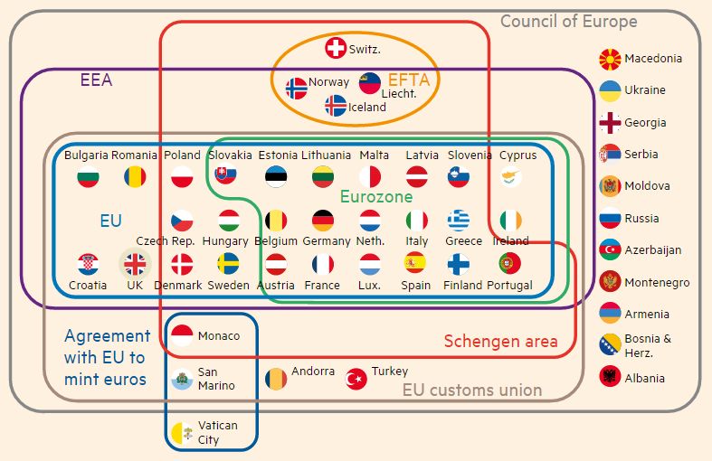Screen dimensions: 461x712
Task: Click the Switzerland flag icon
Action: point(336,49)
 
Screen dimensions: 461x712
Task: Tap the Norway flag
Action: point(297,88)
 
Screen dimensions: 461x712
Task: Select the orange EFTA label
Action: point(408,80)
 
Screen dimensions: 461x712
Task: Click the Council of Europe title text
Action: point(569,22)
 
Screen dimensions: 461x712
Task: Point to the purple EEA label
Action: point(96,80)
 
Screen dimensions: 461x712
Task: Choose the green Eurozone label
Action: point(376,196)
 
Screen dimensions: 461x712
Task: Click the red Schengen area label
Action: point(500,342)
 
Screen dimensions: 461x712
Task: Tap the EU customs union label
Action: point(472,390)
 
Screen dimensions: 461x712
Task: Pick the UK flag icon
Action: point(134,264)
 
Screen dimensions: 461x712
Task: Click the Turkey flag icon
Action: point(356,378)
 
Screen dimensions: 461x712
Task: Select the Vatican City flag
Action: point(182,432)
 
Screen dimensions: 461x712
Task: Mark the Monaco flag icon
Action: point(182,336)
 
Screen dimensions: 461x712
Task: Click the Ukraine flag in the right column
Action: point(610,90)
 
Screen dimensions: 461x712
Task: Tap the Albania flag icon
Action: point(610,378)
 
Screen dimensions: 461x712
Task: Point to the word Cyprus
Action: point(517,155)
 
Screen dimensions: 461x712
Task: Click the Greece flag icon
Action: point(459,220)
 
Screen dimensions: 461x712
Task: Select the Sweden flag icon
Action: point(229,264)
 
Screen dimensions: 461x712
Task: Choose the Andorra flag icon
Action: point(276,378)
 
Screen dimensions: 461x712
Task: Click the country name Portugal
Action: point(509,286)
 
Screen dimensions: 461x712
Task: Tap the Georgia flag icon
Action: point(610,123)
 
